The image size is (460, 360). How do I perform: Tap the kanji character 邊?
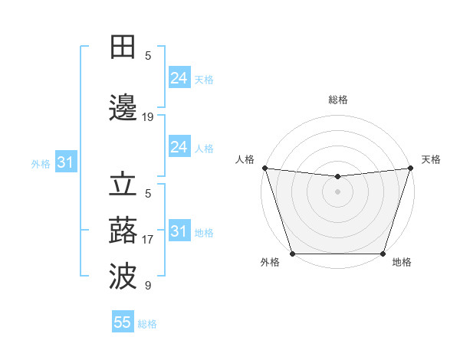pyautogui.click(x=123, y=110)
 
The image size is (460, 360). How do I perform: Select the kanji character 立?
pyautogui.click(x=123, y=186)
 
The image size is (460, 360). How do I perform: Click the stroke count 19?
pyautogui.click(x=148, y=117)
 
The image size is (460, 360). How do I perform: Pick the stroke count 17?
pyautogui.click(x=148, y=240)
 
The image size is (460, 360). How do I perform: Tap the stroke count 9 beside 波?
pyautogui.click(x=148, y=286)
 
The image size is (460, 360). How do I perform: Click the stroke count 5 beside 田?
pyautogui.click(x=148, y=55)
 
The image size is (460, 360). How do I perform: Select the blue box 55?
pyautogui.click(x=123, y=322)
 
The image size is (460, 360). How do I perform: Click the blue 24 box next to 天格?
pyautogui.click(x=179, y=78)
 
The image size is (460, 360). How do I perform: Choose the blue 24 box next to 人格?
pyautogui.click(x=179, y=147)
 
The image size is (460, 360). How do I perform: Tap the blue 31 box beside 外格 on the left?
pyautogui.click(x=65, y=162)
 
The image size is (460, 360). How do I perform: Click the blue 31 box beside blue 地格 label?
pyautogui.click(x=179, y=231)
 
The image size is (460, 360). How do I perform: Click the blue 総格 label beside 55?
pyautogui.click(x=147, y=323)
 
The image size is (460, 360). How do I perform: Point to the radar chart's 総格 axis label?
pyautogui.click(x=337, y=100)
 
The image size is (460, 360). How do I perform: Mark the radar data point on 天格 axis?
pyautogui.click(x=410, y=168)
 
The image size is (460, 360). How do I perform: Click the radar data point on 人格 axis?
pyautogui.click(x=264, y=168)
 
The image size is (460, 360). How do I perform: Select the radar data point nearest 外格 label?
pyautogui.click(x=292, y=254)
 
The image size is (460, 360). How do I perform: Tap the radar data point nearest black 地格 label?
pyautogui.click(x=383, y=254)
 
